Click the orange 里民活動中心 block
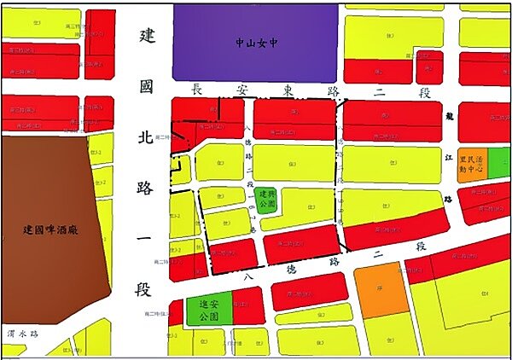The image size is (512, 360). click(472, 163)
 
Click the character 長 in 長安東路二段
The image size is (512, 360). click(196, 89)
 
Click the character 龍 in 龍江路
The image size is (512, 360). click(450, 112)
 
